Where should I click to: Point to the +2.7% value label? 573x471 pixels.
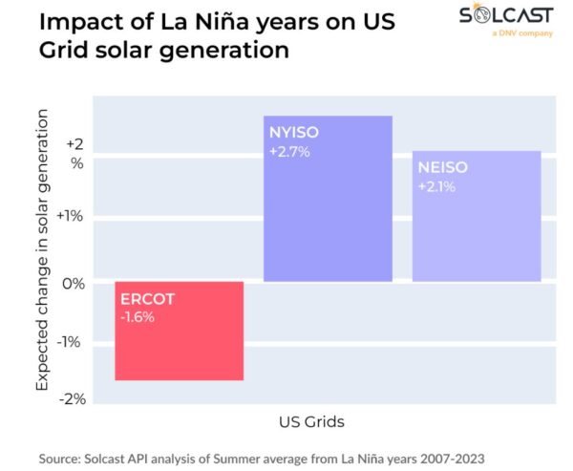(289, 152)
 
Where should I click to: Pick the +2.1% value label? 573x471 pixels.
(436, 186)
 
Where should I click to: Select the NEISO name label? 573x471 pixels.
(441, 169)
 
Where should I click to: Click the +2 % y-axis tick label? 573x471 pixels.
(74, 154)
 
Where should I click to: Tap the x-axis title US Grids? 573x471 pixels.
(310, 421)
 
